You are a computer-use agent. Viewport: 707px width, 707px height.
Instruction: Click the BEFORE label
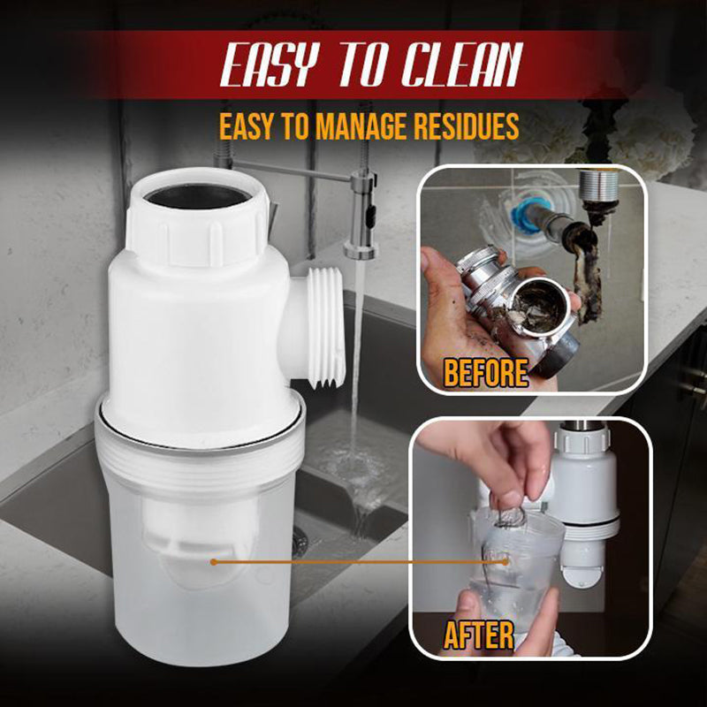coord(485,372)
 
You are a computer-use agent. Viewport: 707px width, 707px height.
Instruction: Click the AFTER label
coord(480,635)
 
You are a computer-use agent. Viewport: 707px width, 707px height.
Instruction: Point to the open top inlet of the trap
coord(196,193)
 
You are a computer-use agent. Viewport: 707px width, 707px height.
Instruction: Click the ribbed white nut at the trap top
coord(196,232)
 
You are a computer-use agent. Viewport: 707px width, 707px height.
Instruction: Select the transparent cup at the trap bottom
coord(200,566)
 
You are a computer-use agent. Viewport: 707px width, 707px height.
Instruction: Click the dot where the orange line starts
coord(213,560)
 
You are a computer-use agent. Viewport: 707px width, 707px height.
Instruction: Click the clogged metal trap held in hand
coord(521,300)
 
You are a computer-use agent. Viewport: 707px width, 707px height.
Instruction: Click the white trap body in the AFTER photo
coord(589,482)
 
